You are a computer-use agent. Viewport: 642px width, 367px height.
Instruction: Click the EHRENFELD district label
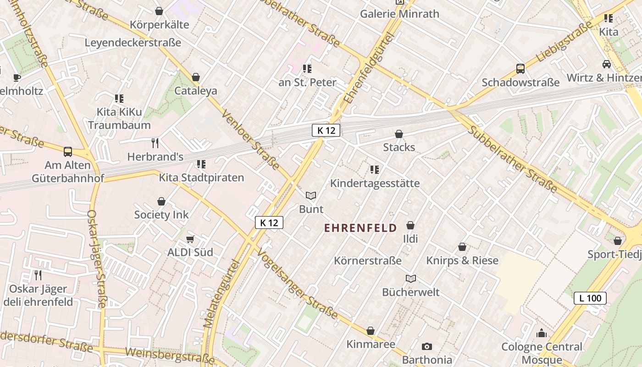click(x=360, y=228)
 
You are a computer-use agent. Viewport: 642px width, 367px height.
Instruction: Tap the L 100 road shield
click(x=590, y=298)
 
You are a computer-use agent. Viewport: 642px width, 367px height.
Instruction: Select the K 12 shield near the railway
click(x=326, y=130)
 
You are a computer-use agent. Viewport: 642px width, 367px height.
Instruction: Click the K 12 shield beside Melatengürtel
click(x=269, y=223)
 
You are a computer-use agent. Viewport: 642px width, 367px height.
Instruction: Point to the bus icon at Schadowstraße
click(x=520, y=69)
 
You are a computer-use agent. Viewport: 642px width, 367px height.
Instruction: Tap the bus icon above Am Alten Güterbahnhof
click(x=68, y=151)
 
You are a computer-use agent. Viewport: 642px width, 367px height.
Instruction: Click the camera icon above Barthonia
click(x=427, y=346)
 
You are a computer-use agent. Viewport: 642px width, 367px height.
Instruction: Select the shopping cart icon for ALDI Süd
click(x=190, y=239)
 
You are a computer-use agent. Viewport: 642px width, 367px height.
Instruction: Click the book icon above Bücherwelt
click(x=411, y=278)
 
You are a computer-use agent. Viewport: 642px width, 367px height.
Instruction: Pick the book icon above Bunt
click(x=311, y=196)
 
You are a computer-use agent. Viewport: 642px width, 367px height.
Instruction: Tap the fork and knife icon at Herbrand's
click(x=155, y=143)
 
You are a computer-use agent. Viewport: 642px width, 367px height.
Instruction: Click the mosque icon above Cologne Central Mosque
click(x=542, y=333)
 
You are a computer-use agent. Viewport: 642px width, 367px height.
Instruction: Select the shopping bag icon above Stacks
click(x=399, y=134)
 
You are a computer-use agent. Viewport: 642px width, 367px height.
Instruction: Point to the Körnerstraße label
click(x=368, y=261)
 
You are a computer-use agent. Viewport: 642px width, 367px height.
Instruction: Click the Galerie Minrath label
click(x=399, y=14)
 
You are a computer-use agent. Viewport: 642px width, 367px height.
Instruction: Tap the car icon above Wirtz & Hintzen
click(x=607, y=64)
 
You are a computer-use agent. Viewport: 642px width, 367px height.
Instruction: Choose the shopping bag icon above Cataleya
click(x=196, y=77)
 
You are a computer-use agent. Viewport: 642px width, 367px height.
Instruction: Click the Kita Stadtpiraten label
click(x=201, y=178)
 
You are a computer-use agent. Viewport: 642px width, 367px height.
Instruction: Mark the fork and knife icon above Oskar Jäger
click(x=38, y=275)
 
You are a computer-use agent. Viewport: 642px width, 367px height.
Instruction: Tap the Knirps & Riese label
click(x=462, y=261)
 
